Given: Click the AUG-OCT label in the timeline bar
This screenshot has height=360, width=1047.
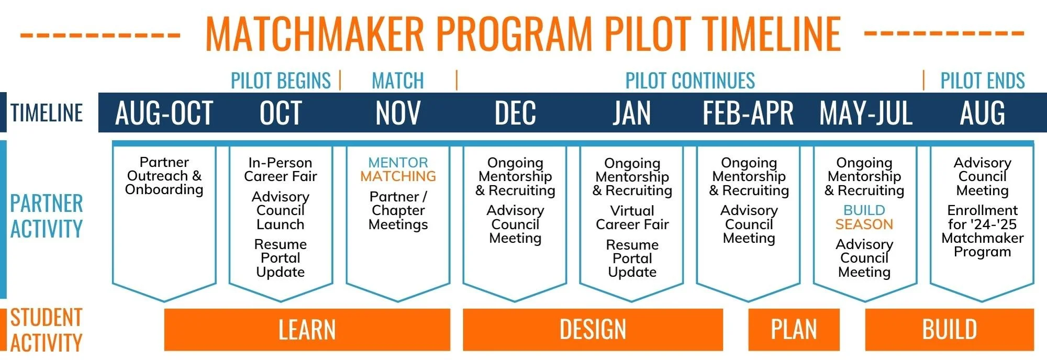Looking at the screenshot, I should [164, 113].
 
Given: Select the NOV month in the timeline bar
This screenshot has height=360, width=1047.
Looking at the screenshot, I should [398, 113].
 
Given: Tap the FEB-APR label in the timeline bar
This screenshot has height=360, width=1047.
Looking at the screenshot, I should [748, 113].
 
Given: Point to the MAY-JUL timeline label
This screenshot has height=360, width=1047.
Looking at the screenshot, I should [865, 113].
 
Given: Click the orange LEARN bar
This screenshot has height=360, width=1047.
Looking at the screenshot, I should [307, 330].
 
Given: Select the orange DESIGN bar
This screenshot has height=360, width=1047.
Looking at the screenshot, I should [593, 330].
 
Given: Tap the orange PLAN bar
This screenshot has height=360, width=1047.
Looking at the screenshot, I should [794, 330].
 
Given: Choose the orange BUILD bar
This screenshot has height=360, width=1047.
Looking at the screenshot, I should [949, 330].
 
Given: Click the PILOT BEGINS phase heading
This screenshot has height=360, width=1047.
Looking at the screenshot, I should [281, 81].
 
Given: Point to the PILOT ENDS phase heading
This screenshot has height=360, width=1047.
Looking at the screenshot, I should [982, 81].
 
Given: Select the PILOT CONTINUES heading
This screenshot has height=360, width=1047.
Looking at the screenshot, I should [690, 81].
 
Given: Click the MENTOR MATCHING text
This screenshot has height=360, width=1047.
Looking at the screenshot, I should [398, 170].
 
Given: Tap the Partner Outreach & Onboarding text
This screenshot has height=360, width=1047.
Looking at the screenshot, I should [164, 176].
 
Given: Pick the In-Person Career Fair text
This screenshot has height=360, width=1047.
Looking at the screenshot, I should [281, 170].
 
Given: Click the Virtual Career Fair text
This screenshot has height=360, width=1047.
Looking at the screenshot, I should [632, 218].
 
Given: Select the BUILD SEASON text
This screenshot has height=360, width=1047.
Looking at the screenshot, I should [864, 217].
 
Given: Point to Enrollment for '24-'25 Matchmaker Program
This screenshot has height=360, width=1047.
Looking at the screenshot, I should [982, 231].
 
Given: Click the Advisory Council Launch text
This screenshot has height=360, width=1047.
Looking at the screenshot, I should [281, 210].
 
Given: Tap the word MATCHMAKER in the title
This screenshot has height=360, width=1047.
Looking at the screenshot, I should [314, 33].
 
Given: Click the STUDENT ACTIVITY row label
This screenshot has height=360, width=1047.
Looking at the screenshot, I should [46, 330].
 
